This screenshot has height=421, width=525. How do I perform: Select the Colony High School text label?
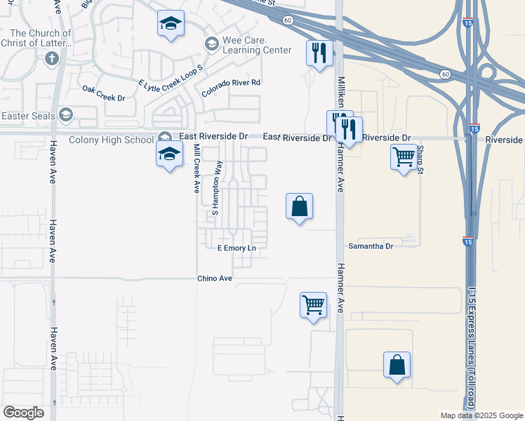[x=111, y=140]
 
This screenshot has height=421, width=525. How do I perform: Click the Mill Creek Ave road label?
[x=197, y=169]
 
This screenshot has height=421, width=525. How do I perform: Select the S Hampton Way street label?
[x=218, y=187]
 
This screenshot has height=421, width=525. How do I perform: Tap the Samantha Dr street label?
[x=371, y=246]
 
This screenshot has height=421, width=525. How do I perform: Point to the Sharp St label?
[x=419, y=158]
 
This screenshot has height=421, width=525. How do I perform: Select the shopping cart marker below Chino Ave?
[x=313, y=305]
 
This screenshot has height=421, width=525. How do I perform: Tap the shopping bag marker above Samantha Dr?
[x=299, y=206]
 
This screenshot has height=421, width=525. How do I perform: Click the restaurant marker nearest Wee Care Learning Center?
[x=319, y=53]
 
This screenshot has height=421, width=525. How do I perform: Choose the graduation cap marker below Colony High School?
[x=169, y=154]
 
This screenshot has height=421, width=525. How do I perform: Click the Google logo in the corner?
[x=23, y=412]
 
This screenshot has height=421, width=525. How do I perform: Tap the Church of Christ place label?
[x=40, y=38]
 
